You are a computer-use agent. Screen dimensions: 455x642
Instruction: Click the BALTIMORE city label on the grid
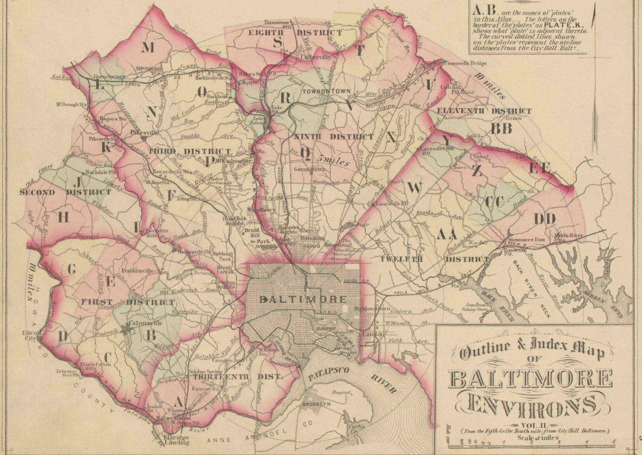[303, 299]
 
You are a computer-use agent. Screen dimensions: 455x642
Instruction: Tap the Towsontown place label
[327, 91]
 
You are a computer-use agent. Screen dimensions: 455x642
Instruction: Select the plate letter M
[149, 47]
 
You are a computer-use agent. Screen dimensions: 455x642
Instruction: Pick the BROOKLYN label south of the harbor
[316, 403]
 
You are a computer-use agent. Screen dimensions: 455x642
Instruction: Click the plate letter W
[414, 187]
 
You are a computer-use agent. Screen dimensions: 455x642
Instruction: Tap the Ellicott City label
[31, 335]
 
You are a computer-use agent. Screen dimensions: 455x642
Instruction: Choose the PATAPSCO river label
[326, 376]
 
